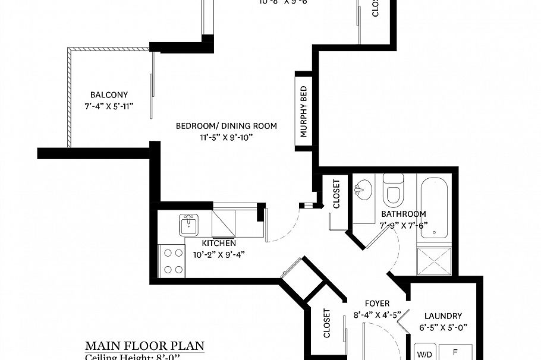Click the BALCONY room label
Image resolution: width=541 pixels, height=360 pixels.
[x=109, y=94]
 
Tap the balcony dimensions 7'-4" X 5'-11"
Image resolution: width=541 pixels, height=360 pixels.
[x=109, y=106]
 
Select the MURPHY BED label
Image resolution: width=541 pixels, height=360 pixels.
[x=303, y=111]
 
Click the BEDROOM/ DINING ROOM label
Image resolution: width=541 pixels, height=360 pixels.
[x=227, y=126]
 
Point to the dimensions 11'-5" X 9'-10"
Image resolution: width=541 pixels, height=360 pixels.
[x=227, y=137]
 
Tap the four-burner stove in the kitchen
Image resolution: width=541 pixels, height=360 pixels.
[x=172, y=261]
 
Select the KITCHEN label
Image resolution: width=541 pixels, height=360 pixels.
[x=219, y=243]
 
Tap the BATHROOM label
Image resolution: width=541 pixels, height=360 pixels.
[x=403, y=214]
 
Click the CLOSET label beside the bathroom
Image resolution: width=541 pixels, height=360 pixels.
[x=336, y=194]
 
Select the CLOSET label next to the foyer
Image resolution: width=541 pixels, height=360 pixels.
[x=326, y=323]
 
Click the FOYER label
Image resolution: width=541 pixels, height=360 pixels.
[x=377, y=304]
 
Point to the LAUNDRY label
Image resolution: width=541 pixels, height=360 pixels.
[x=444, y=316]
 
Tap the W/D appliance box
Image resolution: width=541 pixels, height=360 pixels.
[x=424, y=353]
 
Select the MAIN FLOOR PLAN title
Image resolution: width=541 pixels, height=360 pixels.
[x=144, y=346]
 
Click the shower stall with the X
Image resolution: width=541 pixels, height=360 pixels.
[x=435, y=261]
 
